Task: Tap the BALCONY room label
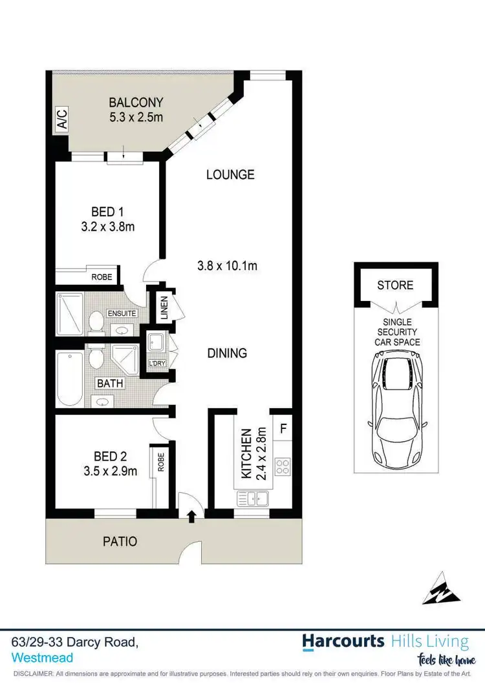(136, 102)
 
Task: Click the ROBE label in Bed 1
(102, 277)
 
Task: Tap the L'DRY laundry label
(158, 363)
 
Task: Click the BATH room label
(110, 383)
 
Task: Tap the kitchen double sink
(252, 498)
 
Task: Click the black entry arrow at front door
(191, 515)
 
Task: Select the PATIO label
(120, 541)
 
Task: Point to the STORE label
(395, 285)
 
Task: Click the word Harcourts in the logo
(343, 641)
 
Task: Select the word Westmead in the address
(42, 658)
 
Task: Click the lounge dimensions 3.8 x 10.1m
(232, 265)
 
